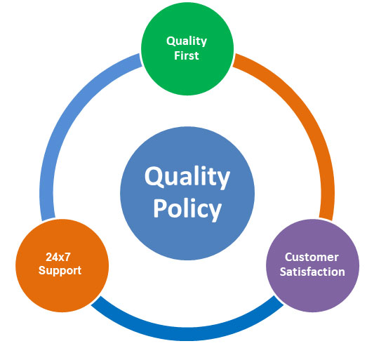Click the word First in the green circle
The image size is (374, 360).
(187, 55)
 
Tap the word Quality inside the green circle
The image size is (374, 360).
(187, 41)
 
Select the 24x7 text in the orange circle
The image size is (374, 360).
(58, 257)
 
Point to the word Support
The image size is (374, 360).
(60, 271)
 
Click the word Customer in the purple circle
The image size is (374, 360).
(312, 257)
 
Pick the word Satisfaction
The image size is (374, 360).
(312, 272)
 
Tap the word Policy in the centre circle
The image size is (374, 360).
(187, 209)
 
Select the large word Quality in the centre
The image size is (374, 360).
(187, 178)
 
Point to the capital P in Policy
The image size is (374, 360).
(161, 208)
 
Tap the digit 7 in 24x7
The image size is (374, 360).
(67, 257)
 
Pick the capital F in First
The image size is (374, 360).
(178, 55)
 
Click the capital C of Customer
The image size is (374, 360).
(288, 257)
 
